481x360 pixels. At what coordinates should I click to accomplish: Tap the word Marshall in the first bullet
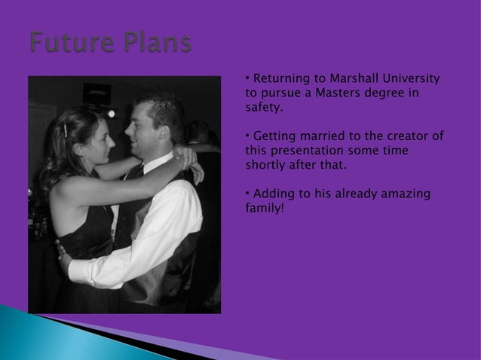[353, 79]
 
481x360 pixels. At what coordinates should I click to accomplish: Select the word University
[412, 79]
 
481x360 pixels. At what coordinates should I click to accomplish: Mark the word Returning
[281, 79]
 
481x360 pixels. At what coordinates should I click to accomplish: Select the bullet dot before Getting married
[248, 136]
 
